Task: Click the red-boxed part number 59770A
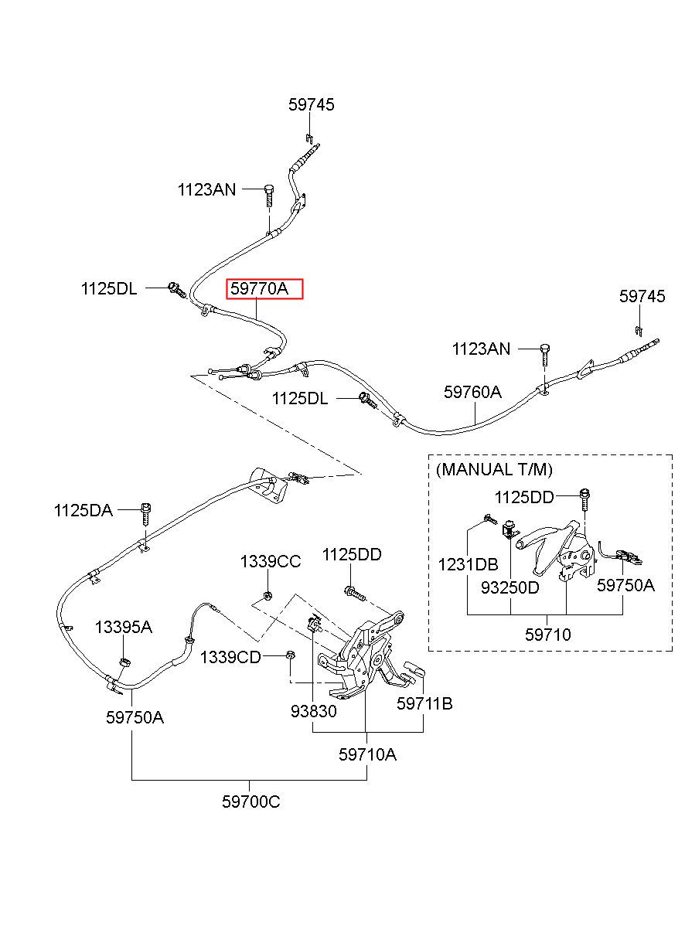[259, 288]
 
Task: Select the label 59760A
[472, 392]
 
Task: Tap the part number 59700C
[250, 802]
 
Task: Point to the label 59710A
[367, 754]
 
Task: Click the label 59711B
[424, 703]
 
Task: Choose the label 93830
[313, 711]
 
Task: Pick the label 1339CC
[270, 562]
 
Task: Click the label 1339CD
[230, 657]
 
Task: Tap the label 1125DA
[83, 510]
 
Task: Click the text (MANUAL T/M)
[494, 470]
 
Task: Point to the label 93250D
[509, 587]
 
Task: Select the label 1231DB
[468, 564]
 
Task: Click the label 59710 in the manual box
[547, 635]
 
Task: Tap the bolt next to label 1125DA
[146, 515]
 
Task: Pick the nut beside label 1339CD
[290, 655]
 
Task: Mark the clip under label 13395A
[124, 661]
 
